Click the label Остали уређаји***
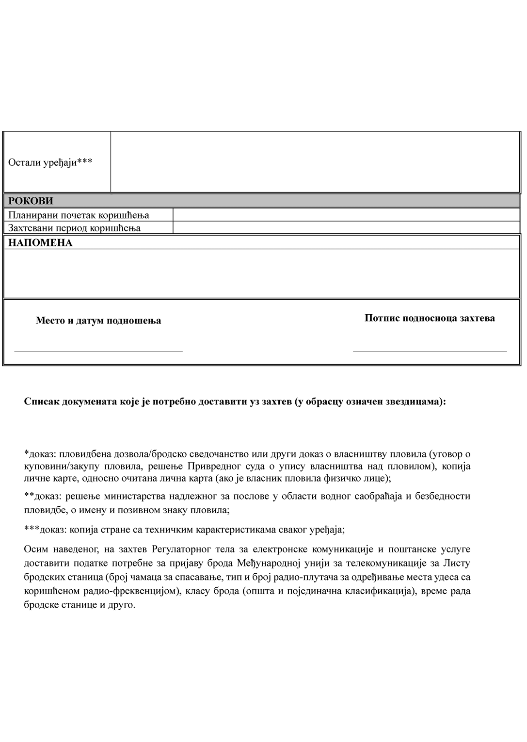coord(50,162)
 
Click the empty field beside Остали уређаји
coord(315,162)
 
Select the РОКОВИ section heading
coord(31,201)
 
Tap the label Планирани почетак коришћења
coord(79,215)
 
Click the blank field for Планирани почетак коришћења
coord(346,215)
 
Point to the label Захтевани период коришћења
coord(74,227)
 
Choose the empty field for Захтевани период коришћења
coord(346,227)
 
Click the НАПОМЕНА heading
coord(40,243)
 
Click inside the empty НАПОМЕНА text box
coord(262,273)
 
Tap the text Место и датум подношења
coord(98,321)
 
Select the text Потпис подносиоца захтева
coord(430,318)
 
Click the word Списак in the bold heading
coord(42,402)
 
